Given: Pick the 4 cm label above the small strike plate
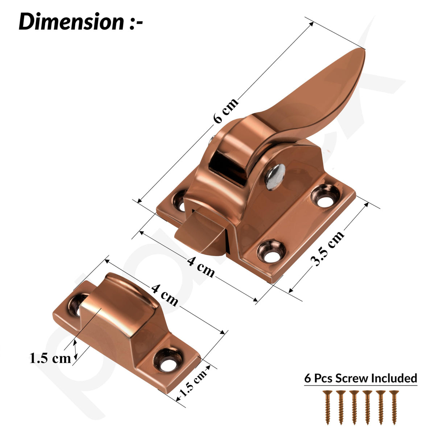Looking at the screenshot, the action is click(x=165, y=295).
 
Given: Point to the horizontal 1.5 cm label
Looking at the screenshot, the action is click(x=50, y=358).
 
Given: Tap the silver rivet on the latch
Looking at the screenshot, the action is click(x=275, y=177).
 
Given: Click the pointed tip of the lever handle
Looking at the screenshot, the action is click(x=363, y=49).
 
